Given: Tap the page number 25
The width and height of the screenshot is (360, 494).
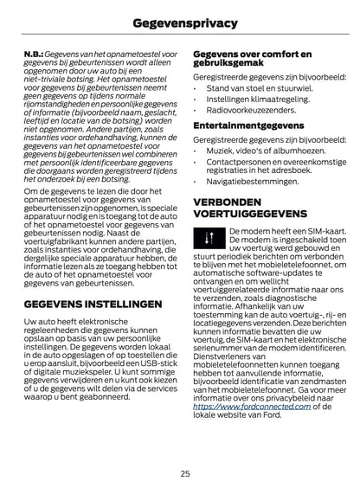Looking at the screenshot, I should pyautogui.click(x=185, y=473).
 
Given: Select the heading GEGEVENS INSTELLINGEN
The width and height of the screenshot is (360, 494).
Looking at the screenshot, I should pyautogui.click(x=93, y=305).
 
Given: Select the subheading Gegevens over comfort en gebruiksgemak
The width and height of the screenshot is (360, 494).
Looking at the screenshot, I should pyautogui.click(x=251, y=58).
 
